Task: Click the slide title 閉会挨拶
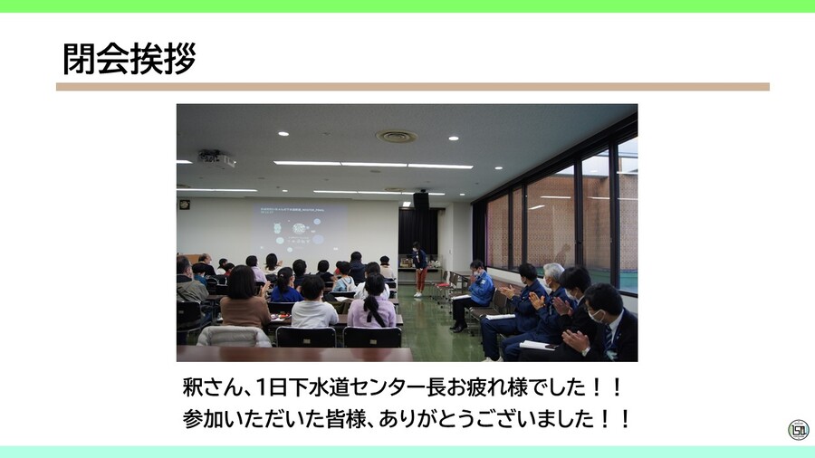pos(129,60)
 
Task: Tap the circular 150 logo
pos(798,429)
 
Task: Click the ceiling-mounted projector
pos(216,159)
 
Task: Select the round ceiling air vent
pos(397,137)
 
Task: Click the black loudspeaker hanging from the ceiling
pos(421,201)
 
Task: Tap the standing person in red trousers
pos(419,269)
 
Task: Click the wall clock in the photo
pos(184,205)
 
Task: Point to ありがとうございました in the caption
pos(489,420)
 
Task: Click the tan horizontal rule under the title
pos(412,87)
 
